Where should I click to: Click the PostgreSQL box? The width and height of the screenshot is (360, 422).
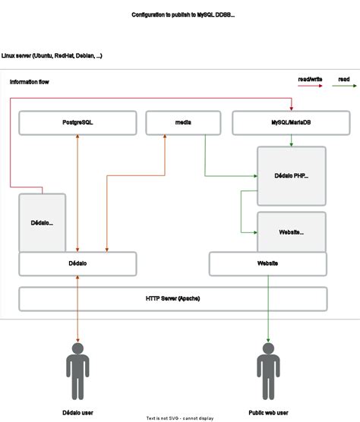(x=77, y=122)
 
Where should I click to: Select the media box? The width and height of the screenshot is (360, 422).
(x=182, y=122)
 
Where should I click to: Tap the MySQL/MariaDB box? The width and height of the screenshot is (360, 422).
(x=279, y=122)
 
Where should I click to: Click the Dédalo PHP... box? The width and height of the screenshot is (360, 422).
(x=292, y=176)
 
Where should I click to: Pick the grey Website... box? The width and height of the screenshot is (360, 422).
(x=292, y=231)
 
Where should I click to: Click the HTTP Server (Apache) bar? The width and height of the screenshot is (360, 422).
(x=172, y=298)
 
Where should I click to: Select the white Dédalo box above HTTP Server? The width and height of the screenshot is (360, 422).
(x=77, y=263)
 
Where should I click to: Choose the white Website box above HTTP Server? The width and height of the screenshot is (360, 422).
(x=267, y=263)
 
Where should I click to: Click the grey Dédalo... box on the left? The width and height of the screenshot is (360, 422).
(x=43, y=222)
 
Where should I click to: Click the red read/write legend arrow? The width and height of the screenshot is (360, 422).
(x=309, y=87)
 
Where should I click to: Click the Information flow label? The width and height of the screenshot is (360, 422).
(x=30, y=81)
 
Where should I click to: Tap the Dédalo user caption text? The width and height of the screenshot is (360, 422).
(x=77, y=412)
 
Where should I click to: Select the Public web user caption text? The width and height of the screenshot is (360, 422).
(x=267, y=412)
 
